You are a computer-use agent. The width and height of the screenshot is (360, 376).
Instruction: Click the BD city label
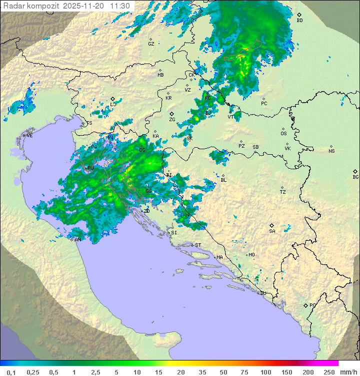pyautogui.click(x=299, y=21)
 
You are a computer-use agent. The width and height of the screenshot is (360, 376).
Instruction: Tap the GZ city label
pyautogui.click(x=151, y=44)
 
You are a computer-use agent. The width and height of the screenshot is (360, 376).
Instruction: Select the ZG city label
pyautogui.click(x=172, y=120)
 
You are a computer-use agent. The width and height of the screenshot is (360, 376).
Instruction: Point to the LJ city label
pyautogui.click(x=113, y=104)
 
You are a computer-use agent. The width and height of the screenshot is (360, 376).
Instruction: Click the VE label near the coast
pyautogui.click(x=29, y=136)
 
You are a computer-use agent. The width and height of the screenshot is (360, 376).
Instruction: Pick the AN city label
pyautogui.click(x=78, y=240)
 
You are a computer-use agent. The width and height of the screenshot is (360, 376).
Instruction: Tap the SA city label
pyautogui.click(x=272, y=231)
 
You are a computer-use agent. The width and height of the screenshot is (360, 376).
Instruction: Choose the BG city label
pyautogui.click(x=355, y=177)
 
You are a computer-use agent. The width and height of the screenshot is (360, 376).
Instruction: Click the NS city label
pyautogui.click(x=331, y=151)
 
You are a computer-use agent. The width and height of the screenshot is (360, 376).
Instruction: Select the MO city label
pyautogui.click(x=251, y=255)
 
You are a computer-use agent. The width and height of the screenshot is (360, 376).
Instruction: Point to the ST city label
pyautogui.click(x=198, y=245)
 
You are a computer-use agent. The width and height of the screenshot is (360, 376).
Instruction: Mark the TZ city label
pyautogui.click(x=283, y=192)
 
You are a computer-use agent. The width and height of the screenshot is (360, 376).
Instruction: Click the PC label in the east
pyautogui.click(x=264, y=104)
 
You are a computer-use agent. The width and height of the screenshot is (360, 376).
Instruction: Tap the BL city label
pyautogui.click(x=223, y=180)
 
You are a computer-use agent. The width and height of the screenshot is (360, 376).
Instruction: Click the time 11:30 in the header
pyautogui.click(x=120, y=6)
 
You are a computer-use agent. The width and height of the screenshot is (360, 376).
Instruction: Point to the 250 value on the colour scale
pyautogui.click(x=329, y=372)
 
